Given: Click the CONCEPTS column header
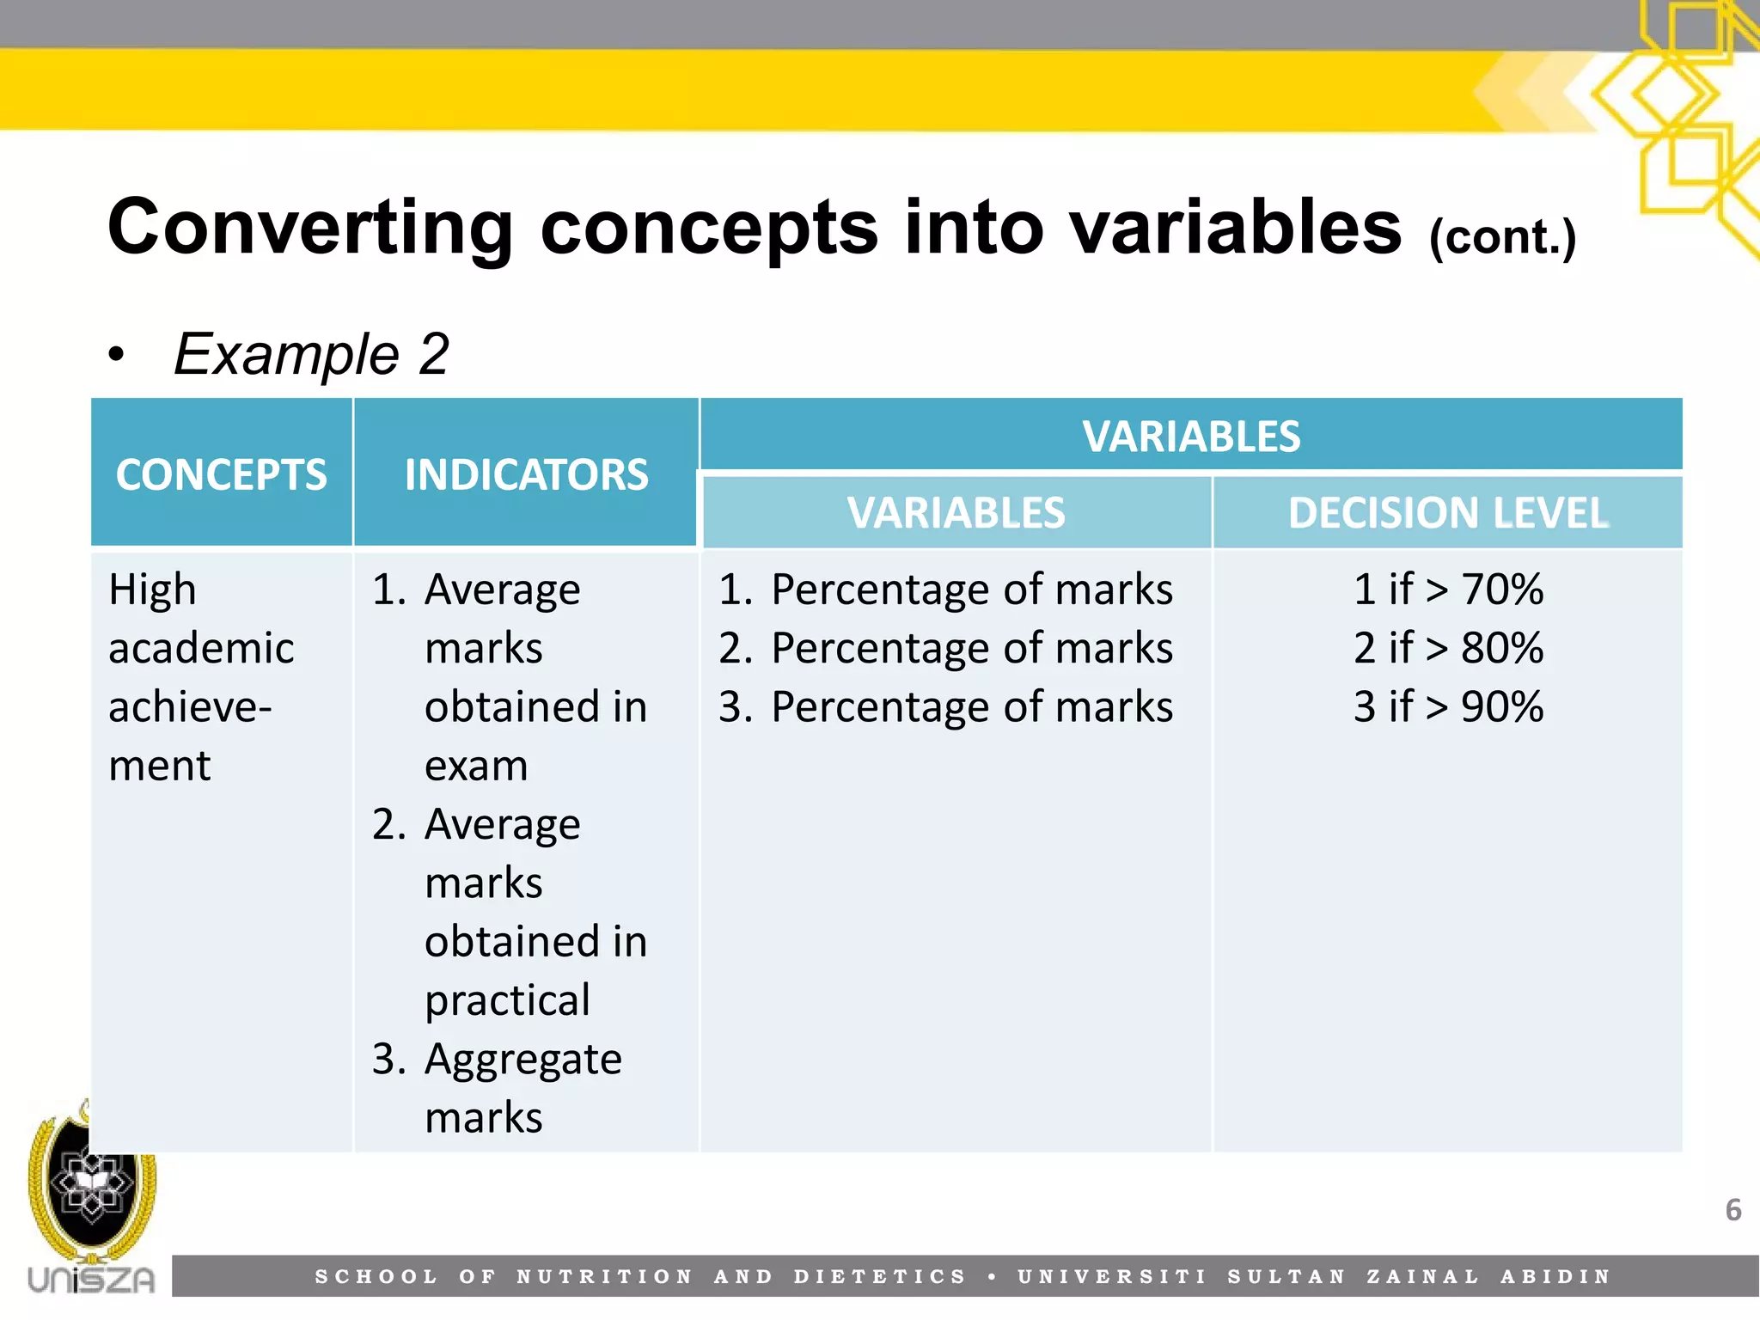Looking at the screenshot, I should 221,474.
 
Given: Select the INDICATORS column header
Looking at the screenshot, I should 526,474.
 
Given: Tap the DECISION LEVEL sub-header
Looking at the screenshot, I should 1448,513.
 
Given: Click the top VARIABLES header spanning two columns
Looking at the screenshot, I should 1191,436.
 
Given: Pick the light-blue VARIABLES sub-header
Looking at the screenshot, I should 956,513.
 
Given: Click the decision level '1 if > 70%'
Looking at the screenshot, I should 1448,590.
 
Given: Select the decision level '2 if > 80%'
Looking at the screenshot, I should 1448,648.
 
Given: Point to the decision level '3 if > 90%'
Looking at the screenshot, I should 1448,706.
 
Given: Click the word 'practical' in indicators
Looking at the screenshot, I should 507,1000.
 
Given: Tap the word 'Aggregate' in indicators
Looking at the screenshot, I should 522,1060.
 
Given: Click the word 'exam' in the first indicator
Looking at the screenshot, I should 476,766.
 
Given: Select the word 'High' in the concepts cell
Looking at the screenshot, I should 152,590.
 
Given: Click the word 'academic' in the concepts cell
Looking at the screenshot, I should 201,648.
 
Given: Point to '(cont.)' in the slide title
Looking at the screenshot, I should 1502,237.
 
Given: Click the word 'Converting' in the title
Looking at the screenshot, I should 310,227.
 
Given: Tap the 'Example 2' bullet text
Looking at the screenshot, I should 311,354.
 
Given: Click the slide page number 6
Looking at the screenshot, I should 1732,1210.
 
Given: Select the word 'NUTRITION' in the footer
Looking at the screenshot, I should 604,1276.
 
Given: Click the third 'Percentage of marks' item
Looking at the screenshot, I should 971,706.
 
